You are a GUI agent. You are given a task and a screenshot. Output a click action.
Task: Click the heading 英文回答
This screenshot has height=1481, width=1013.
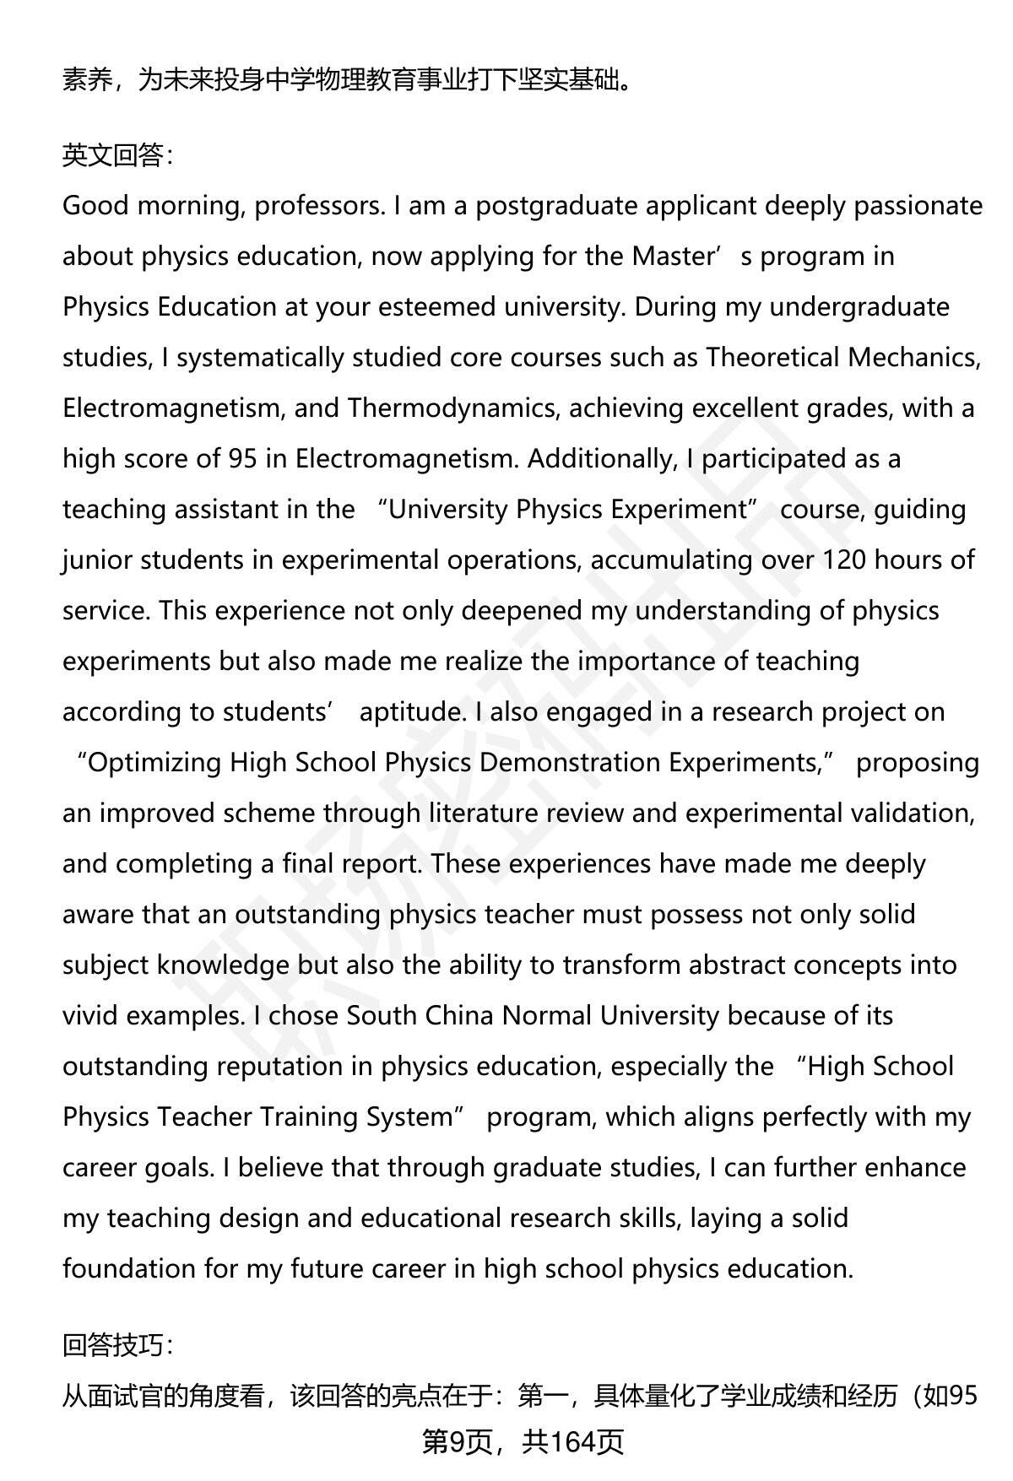[x=117, y=155]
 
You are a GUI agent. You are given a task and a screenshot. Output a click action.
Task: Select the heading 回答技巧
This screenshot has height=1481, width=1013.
[x=117, y=1345]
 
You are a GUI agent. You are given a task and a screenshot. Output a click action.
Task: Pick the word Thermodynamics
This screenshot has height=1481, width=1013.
[x=452, y=408]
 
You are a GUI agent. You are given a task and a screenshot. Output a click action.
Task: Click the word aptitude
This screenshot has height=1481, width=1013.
[x=412, y=712]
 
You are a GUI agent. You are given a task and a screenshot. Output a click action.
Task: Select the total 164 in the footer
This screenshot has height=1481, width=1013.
[x=576, y=1443]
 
